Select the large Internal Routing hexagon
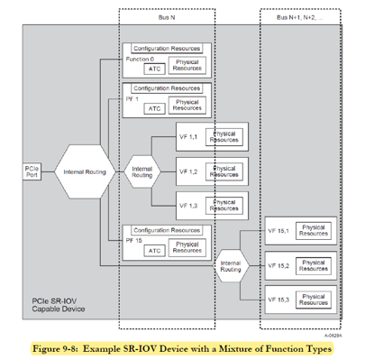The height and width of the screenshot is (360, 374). (84, 171)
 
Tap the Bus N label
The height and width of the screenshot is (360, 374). (167, 15)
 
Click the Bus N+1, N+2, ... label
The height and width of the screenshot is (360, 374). (301, 15)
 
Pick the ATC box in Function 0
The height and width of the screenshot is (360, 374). (154, 67)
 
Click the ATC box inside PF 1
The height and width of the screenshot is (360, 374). (154, 108)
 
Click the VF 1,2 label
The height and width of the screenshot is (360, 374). (190, 170)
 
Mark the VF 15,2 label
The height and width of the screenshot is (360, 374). (278, 266)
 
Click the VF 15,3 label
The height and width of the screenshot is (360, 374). (278, 299)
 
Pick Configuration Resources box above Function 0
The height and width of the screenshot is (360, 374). (167, 47)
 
